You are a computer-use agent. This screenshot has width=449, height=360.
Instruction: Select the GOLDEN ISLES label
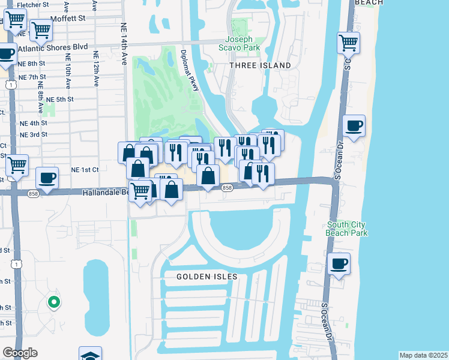point(207,277)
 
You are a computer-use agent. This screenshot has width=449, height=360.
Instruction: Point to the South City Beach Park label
point(346,229)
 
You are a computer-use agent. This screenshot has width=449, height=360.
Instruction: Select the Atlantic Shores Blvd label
point(53,47)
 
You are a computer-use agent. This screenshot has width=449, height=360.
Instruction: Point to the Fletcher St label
point(33,5)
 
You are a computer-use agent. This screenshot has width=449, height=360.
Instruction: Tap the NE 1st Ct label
point(84,170)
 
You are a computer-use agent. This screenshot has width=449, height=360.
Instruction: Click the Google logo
point(20,353)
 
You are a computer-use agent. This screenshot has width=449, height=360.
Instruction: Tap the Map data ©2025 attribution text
point(423,355)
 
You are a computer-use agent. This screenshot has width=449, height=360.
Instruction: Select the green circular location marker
point(54,302)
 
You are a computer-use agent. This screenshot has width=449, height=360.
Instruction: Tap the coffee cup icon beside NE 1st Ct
point(47,178)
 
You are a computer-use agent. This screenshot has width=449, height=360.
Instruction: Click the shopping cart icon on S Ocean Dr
point(348,43)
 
